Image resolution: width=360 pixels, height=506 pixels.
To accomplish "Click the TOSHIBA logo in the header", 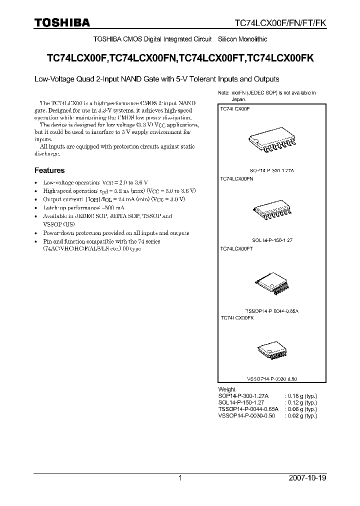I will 62,23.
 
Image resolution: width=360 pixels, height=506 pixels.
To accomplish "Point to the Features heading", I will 49,170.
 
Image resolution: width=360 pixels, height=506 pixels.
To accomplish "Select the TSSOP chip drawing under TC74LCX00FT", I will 271,284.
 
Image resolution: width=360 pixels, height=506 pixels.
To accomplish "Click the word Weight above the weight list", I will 226,389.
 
